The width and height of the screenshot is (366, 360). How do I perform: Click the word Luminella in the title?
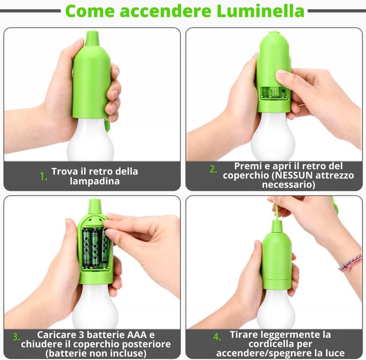[260, 11]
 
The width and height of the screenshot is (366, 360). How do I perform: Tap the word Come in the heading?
[90, 11]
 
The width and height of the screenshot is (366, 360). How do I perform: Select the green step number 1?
[43, 176]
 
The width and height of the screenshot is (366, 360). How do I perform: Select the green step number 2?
[213, 169]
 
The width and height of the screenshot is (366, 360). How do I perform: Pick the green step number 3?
[16, 337]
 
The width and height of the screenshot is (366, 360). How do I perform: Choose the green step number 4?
[217, 337]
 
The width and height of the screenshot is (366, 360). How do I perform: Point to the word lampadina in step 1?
[95, 181]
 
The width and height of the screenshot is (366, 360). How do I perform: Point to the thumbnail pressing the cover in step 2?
[280, 74]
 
